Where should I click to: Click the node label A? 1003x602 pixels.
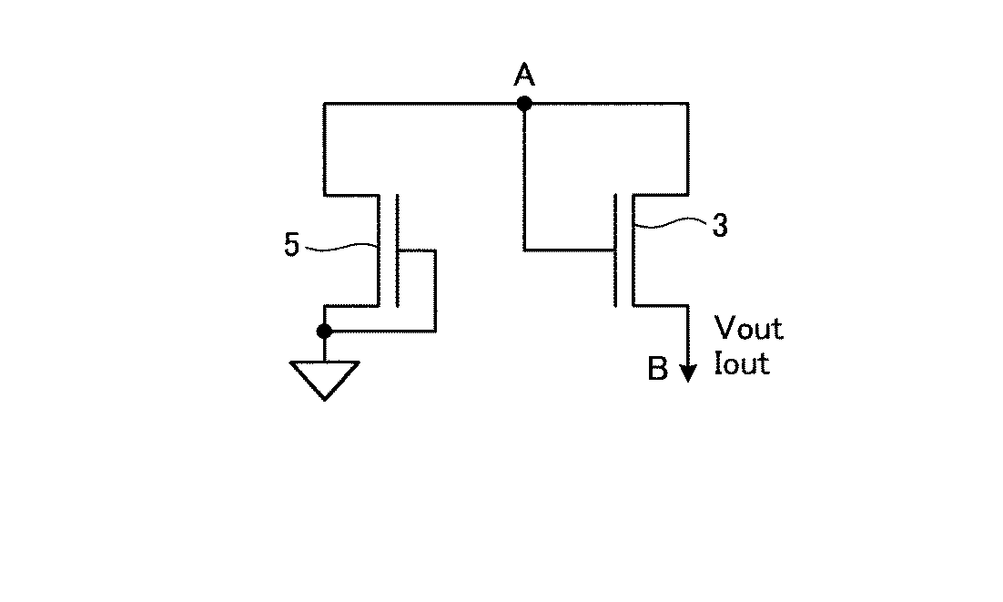tap(523, 75)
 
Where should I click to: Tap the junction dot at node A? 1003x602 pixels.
tap(523, 104)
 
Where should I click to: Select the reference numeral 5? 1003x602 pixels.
tap(291, 246)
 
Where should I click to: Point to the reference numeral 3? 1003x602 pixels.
tap(719, 227)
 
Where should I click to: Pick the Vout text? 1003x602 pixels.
tap(748, 328)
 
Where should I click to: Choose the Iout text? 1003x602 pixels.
tap(743, 364)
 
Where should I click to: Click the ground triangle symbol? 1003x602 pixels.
tap(324, 377)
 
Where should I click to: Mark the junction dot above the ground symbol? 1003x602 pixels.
tap(324, 331)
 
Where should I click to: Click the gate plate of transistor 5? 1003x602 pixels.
tap(398, 250)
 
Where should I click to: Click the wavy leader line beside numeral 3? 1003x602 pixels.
tap(669, 223)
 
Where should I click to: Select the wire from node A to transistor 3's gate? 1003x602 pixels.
tap(524, 182)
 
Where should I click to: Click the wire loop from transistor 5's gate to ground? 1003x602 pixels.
tap(435, 291)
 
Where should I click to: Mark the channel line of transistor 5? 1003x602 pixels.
tap(378, 250)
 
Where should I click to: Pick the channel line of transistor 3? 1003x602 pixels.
tap(633, 250)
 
